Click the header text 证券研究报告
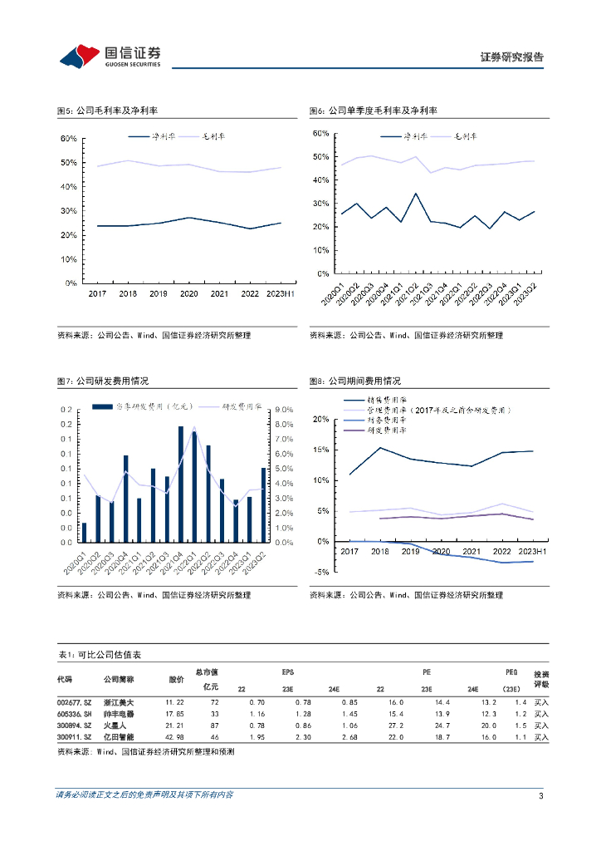(x=512, y=57)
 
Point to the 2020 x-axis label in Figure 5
(x=188, y=294)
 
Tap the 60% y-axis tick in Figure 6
(x=320, y=133)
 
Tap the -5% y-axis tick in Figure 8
(x=321, y=572)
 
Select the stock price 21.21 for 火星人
(x=174, y=726)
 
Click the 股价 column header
(x=176, y=679)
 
